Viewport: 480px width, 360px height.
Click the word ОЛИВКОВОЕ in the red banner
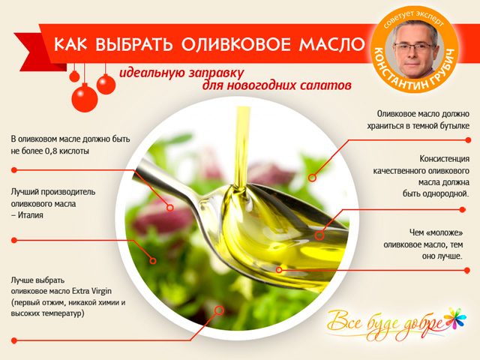[235, 44]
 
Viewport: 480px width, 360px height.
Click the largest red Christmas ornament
[85, 97]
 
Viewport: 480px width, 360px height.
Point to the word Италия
[30, 215]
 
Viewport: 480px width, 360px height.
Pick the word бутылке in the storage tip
[454, 126]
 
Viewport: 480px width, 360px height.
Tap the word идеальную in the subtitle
[151, 73]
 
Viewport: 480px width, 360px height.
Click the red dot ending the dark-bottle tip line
[468, 140]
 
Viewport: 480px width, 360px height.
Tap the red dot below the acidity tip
[13, 170]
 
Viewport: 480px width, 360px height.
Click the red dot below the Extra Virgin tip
[13, 340]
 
